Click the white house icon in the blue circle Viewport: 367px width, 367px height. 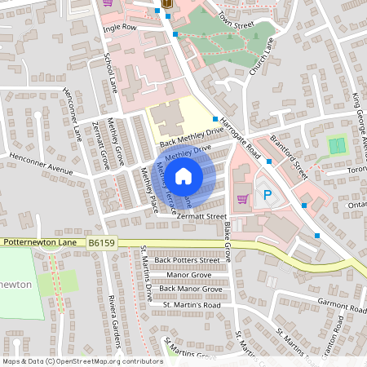click(183, 175)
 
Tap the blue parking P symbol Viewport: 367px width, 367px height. click(266, 197)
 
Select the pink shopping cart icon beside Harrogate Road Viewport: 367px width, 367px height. click(242, 198)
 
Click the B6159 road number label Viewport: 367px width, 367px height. click(103, 242)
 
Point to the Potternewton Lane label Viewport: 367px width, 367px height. click(41, 242)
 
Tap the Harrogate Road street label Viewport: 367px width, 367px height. click(241, 140)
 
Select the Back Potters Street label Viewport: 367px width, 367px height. click(192, 260)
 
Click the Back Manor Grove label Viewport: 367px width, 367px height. click(190, 289)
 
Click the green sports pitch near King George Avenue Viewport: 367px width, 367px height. click(337, 147)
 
